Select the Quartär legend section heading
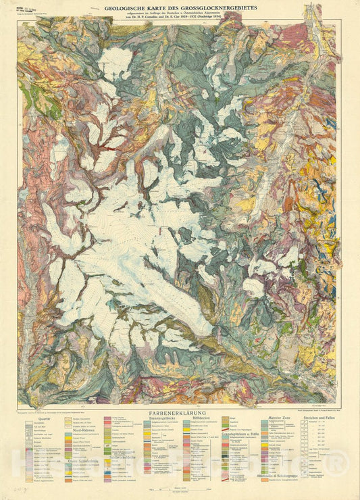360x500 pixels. (x=45, y=418)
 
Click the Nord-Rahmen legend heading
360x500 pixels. (x=82, y=439)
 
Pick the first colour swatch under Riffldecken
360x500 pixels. (x=188, y=424)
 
